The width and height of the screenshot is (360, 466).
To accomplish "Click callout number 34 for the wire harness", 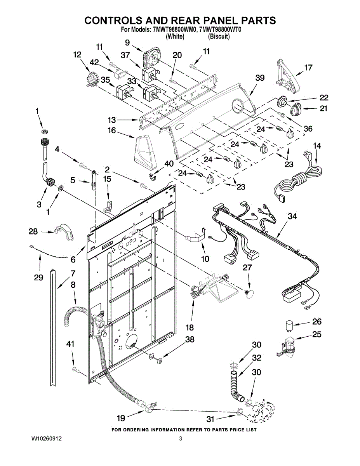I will pos(292,216).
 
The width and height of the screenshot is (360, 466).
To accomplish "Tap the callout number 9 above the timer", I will pos(127,42).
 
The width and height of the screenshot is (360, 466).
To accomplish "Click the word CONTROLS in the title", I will pos(113,20).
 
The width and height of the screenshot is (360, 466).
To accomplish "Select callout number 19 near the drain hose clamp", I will pos(121,418).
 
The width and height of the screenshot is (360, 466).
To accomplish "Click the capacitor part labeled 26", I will pos(289,325).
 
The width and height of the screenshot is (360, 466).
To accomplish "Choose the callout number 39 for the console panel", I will pos(260,78).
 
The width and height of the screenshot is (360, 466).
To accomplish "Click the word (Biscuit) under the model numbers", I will pos(219,37).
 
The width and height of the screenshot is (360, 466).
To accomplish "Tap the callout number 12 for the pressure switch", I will pos(77,55).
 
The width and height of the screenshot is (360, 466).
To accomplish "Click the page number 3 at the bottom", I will pos(181,439).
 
